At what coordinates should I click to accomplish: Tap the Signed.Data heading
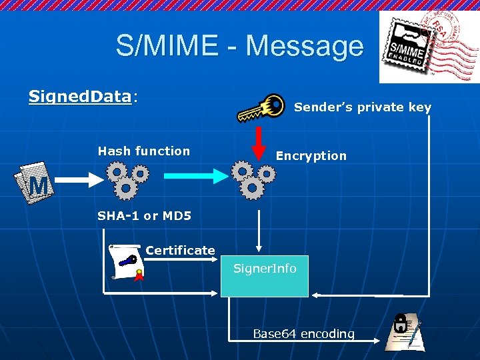80,97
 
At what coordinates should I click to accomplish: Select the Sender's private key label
363,107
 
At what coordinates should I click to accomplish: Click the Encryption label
311,156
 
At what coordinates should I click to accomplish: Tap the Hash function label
143,151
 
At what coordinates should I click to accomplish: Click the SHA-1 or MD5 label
144,216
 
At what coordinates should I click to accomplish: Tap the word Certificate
180,251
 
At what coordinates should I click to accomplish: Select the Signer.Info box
265,275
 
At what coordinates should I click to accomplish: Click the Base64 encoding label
303,334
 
